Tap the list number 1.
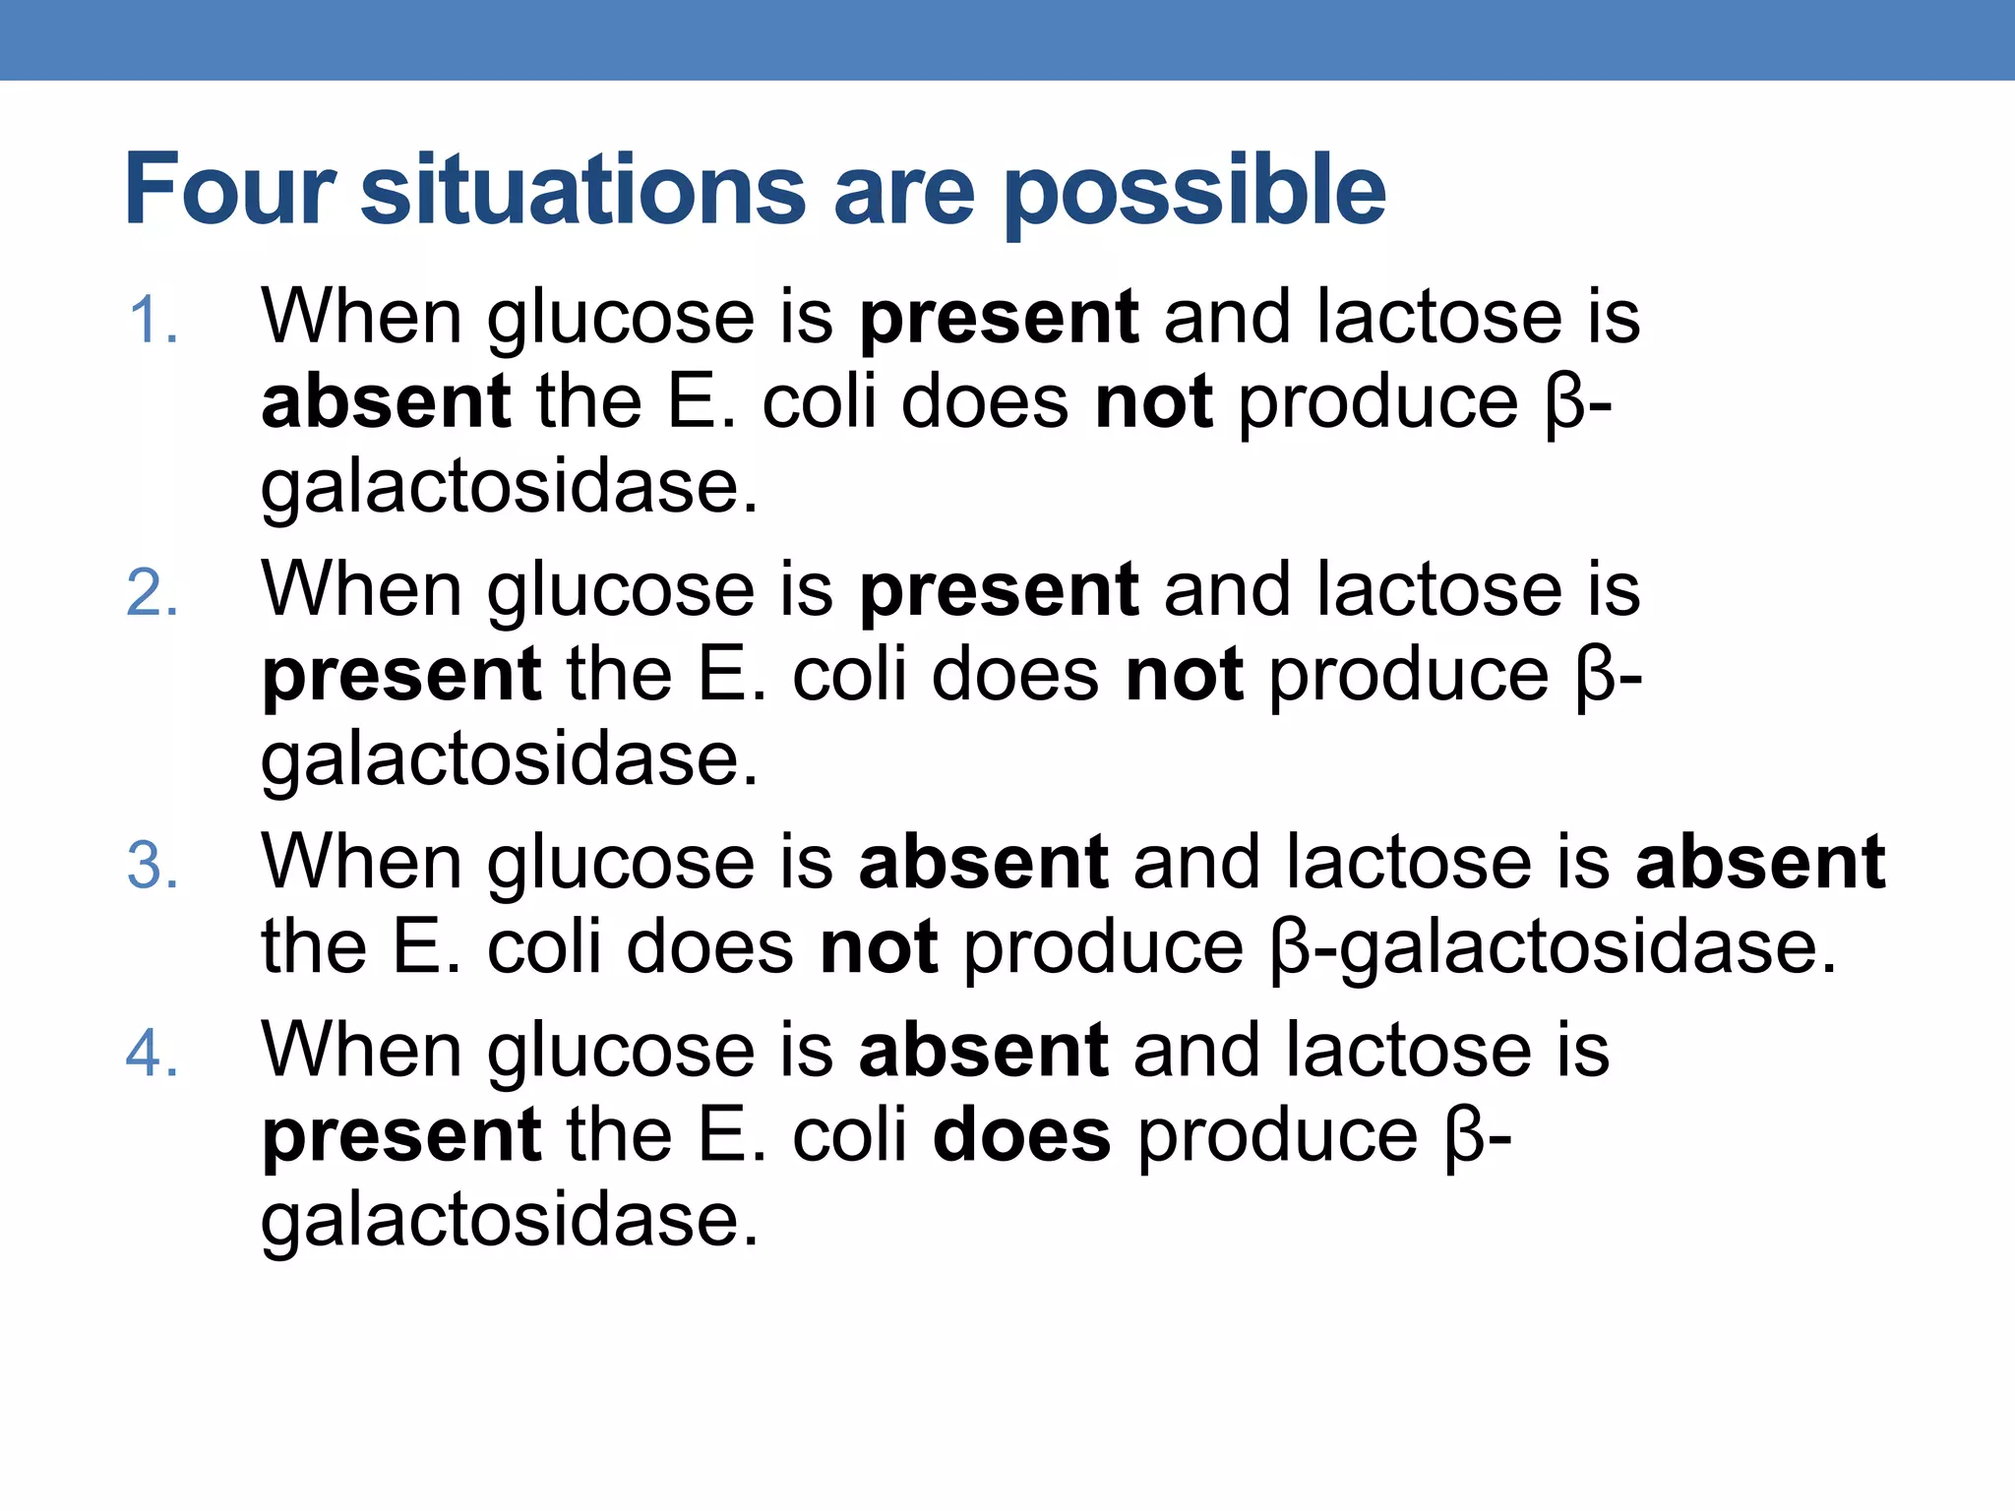(x=153, y=321)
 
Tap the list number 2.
(x=153, y=593)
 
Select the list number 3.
(x=153, y=866)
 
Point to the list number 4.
(x=153, y=1054)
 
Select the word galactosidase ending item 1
(x=509, y=487)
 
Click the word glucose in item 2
(x=621, y=590)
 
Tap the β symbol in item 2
(x=1594, y=677)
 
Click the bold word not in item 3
(x=878, y=946)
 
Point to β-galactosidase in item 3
(x=1553, y=948)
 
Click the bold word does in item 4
(x=1020, y=1135)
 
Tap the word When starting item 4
(x=361, y=1050)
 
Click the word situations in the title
(x=583, y=190)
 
